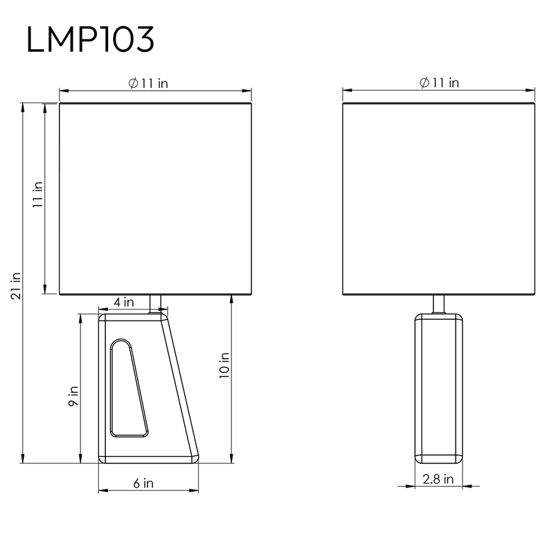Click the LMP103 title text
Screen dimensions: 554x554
(90, 39)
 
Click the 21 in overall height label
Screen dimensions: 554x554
(16, 286)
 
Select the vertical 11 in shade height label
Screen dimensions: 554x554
(37, 195)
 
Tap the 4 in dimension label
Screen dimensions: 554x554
(124, 302)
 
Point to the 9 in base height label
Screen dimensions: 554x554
(73, 395)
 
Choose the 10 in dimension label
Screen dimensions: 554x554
(224, 366)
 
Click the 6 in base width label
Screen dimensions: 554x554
(143, 483)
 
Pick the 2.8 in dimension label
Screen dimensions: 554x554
(438, 479)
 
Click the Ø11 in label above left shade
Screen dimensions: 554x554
(148, 83)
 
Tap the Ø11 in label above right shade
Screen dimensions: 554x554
(439, 82)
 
